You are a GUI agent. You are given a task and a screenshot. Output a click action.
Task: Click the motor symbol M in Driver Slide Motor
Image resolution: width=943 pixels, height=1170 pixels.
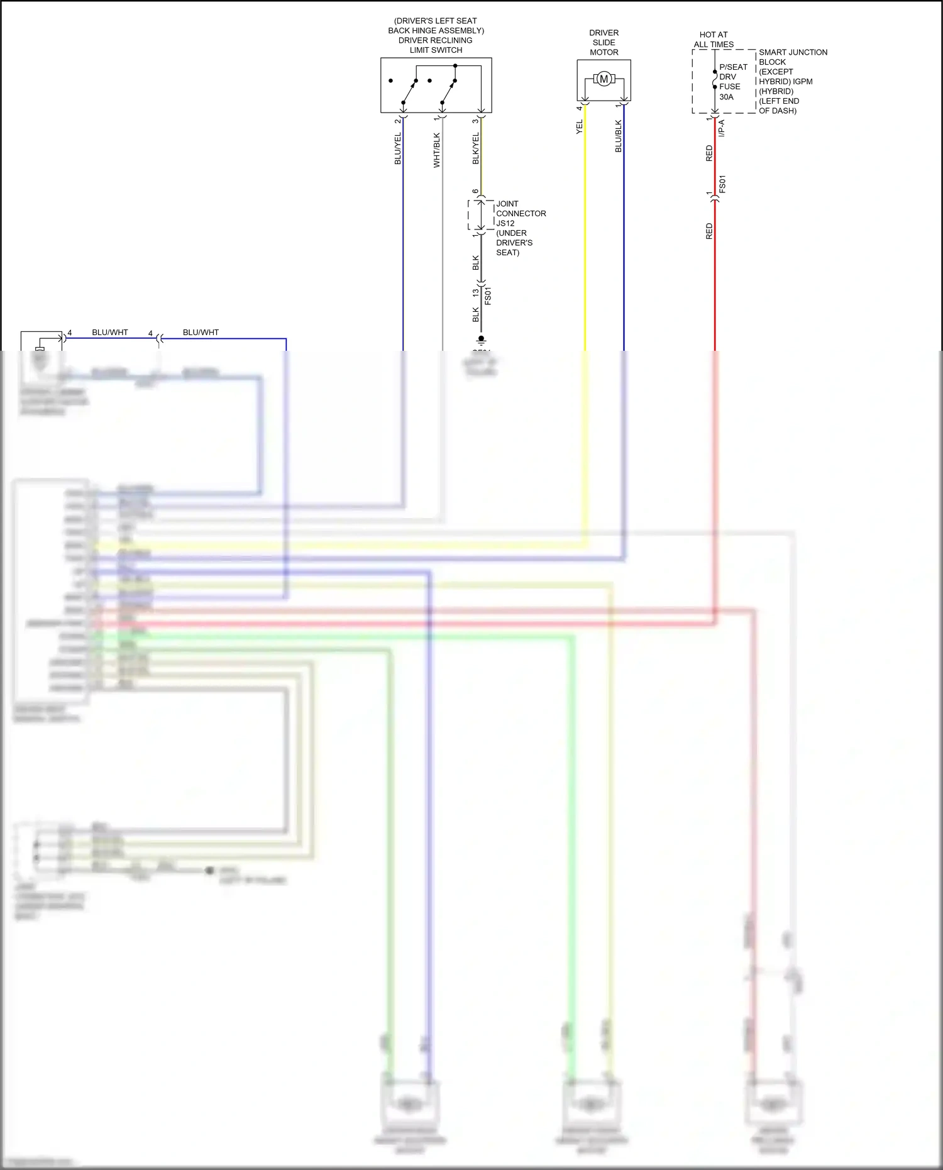pyautogui.click(x=604, y=79)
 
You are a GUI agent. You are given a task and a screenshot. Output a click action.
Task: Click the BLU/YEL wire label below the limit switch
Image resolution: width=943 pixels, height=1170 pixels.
pyautogui.click(x=397, y=149)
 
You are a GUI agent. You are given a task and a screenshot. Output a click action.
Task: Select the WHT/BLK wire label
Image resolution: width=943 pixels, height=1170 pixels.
pyautogui.click(x=436, y=150)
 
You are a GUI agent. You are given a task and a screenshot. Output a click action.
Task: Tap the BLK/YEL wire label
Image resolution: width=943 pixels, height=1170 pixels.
pyautogui.click(x=476, y=149)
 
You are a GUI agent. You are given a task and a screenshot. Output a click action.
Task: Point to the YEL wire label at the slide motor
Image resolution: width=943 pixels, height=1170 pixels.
pyautogui.click(x=579, y=126)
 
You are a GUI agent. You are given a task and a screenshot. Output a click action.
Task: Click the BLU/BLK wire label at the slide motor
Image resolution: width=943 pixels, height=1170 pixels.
pyautogui.click(x=618, y=136)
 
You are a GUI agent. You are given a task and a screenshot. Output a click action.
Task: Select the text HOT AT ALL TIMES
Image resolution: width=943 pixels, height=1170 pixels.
pyautogui.click(x=714, y=40)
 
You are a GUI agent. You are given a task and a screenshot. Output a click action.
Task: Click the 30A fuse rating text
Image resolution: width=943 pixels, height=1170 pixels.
pyautogui.click(x=726, y=97)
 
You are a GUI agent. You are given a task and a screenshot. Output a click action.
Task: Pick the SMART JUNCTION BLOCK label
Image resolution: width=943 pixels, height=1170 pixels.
pyautogui.click(x=792, y=57)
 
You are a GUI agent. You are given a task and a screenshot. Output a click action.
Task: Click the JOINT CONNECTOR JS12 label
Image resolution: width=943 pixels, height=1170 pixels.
pyautogui.click(x=521, y=213)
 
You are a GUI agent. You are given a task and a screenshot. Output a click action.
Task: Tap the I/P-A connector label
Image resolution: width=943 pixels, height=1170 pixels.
pyautogui.click(x=722, y=128)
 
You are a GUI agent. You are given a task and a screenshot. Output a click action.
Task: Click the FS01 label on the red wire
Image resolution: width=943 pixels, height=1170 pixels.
pyautogui.click(x=722, y=184)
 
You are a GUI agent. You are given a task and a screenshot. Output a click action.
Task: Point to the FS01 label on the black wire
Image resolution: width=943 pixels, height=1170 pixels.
pyautogui.click(x=488, y=295)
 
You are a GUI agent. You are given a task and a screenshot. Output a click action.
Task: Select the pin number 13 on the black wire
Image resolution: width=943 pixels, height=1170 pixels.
pyautogui.click(x=476, y=292)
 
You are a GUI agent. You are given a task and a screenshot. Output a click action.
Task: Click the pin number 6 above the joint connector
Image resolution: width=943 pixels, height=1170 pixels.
pyautogui.click(x=475, y=191)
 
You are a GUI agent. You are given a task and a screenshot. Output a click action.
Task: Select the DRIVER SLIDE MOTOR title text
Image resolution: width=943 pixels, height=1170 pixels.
pyautogui.click(x=604, y=42)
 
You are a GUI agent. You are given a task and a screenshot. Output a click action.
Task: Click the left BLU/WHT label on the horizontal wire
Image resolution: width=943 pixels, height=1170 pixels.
pyautogui.click(x=110, y=332)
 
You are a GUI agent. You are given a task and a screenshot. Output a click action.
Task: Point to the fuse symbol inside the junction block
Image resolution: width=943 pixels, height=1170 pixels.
pyautogui.click(x=715, y=80)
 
